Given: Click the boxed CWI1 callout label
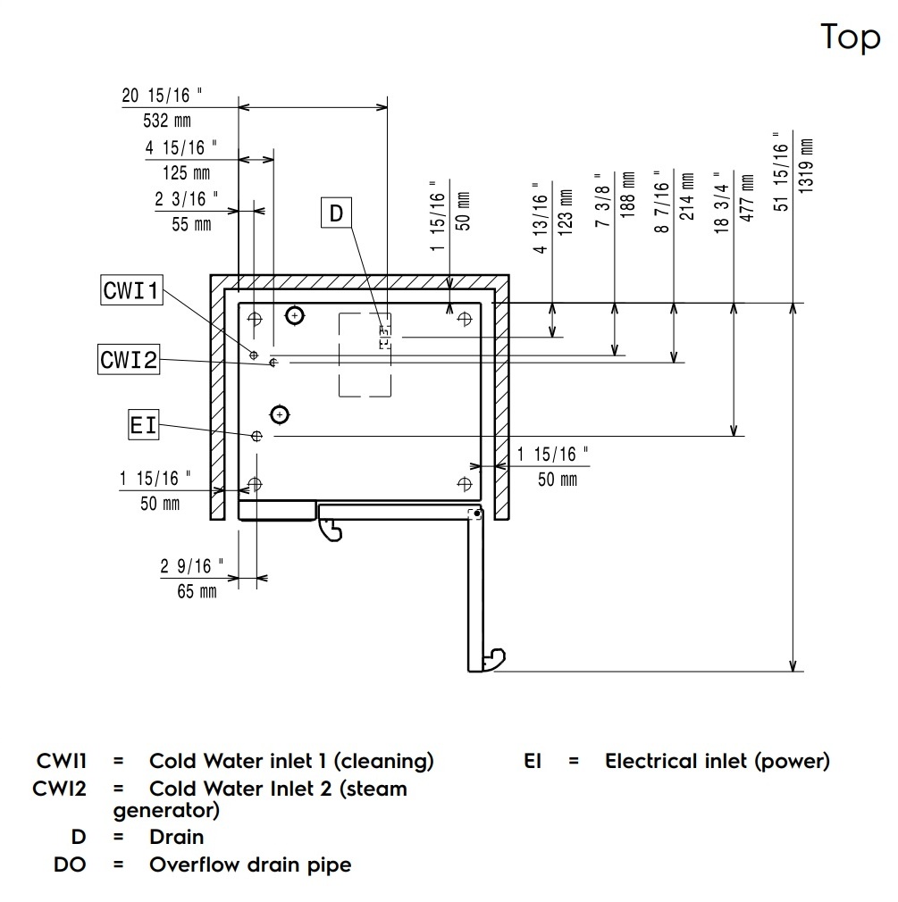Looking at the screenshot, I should [131, 291].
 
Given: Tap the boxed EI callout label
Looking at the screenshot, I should [143, 426].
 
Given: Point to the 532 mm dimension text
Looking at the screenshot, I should [167, 120].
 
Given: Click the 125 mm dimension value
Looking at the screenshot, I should [192, 172].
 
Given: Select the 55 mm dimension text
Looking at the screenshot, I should [191, 224].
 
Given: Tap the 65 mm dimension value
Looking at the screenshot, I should [197, 591].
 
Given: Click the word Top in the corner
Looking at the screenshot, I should [850, 38].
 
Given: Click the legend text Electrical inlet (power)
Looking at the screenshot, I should [718, 761].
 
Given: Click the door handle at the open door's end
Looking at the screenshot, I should [493, 661].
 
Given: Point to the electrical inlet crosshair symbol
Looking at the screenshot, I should [256, 436].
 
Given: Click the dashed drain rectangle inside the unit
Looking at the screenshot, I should [365, 355].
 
